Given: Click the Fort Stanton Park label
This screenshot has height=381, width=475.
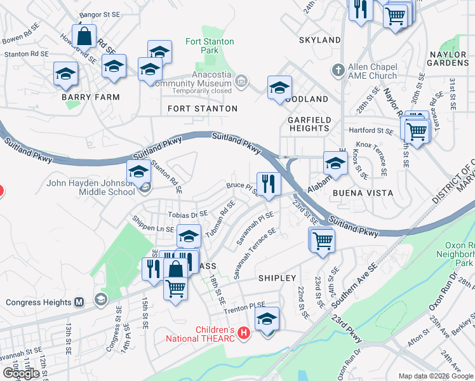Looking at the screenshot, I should tap(210, 46).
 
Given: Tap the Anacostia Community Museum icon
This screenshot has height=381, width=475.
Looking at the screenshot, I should tap(241, 81).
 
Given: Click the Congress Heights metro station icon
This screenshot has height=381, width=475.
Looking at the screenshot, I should tap(79, 302).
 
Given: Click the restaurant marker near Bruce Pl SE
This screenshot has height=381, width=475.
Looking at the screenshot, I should tap(269, 184).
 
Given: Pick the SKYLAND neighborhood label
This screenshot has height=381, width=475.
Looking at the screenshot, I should tap(320, 40).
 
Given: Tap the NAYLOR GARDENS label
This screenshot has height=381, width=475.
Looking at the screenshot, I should tap(448, 59).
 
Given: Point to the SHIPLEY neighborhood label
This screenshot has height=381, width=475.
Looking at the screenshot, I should tap(277, 278).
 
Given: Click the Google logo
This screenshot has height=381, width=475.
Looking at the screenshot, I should tap(21, 373).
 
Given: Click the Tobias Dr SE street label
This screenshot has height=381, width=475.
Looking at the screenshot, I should tap(188, 215).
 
